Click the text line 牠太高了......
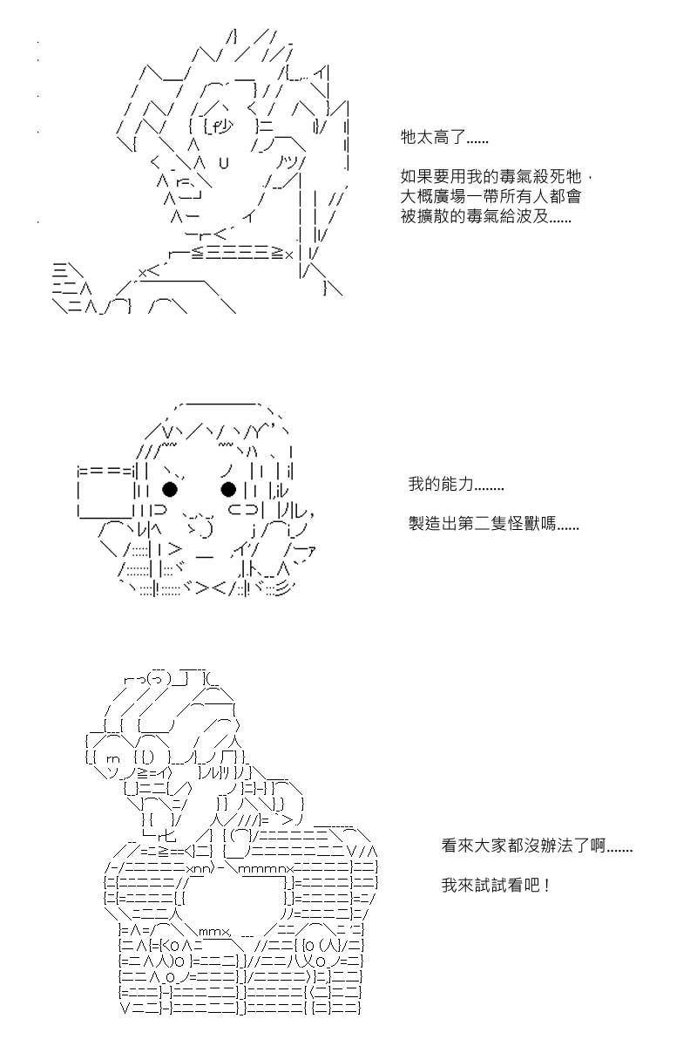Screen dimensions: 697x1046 point(444,138)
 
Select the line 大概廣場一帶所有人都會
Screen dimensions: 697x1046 point(491,196)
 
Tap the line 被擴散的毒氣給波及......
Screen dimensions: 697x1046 point(485,216)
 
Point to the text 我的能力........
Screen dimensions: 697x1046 point(457,484)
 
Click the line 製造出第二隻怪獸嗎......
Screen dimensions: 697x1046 point(493,524)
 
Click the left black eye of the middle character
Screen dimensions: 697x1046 point(170,489)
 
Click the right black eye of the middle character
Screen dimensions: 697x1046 point(228,489)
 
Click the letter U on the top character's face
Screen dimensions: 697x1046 point(224,163)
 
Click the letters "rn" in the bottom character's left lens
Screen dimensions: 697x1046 point(113,760)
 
